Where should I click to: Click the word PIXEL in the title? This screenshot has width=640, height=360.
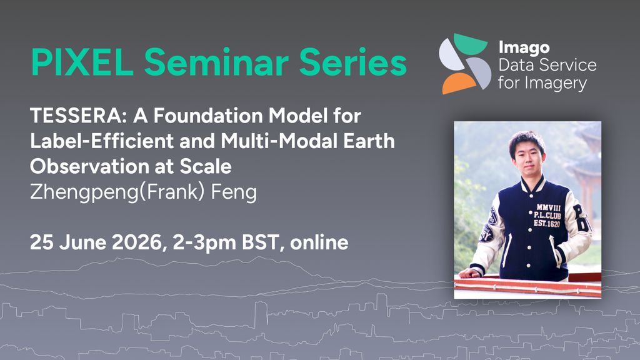coord(82,62)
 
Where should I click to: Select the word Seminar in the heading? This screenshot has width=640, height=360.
coord(216,62)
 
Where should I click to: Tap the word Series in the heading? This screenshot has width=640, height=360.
coord(353,62)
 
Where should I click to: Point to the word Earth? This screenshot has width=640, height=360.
coord(369,141)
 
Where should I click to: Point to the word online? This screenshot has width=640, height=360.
coord(319,242)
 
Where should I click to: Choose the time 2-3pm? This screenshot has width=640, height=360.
coord(204,243)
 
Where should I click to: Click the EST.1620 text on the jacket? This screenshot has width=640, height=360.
coord(547,223)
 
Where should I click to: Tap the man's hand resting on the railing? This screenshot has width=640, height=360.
coord(470,272)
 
